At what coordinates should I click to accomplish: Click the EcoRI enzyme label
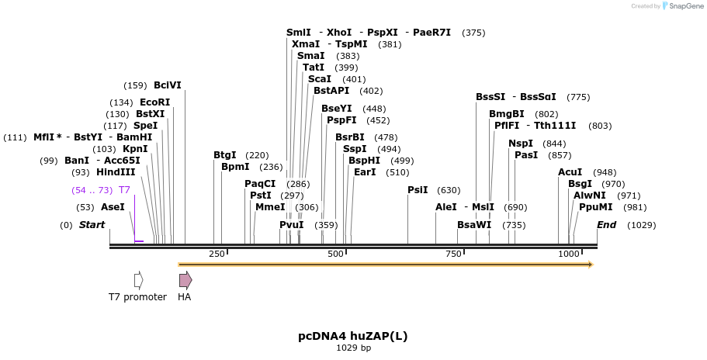(154, 102)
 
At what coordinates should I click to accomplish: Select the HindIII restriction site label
(116, 172)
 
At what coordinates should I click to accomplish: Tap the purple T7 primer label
(124, 190)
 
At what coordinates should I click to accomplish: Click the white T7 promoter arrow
(138, 280)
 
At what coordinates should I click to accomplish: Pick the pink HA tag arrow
(185, 280)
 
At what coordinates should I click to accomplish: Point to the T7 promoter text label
(137, 297)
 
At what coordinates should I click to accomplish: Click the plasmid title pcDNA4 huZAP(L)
(353, 336)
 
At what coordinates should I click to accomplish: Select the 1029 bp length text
(353, 348)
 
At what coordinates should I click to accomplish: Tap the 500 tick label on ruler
(335, 254)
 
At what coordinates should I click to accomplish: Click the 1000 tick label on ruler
(569, 254)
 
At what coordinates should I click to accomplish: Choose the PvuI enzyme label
(292, 225)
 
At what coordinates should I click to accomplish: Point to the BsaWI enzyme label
(474, 225)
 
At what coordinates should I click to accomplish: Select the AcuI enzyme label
(570, 172)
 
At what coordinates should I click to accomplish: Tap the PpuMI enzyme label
(595, 207)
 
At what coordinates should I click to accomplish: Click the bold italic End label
(606, 225)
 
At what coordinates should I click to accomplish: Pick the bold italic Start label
(92, 225)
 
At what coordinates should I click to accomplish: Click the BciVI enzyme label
(167, 85)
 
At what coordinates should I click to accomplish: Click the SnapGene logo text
(681, 5)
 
